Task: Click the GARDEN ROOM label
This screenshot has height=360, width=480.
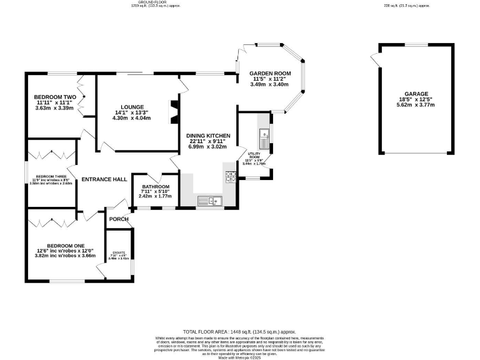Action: (x=267, y=73)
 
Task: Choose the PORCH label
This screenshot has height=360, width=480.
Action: (x=119, y=219)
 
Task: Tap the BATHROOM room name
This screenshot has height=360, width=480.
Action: (x=156, y=186)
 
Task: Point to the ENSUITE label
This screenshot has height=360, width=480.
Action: (x=118, y=252)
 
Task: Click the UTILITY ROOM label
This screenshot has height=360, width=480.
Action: (x=254, y=155)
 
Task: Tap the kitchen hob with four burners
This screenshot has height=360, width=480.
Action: (x=231, y=177)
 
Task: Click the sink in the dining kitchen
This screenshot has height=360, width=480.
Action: (x=207, y=201)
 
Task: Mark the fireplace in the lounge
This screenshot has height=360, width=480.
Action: (x=174, y=111)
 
